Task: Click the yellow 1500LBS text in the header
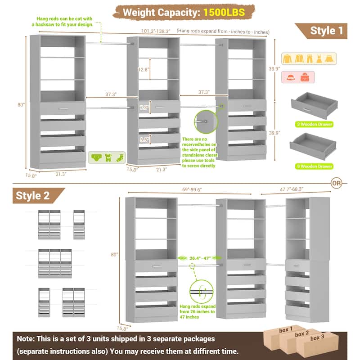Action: pos(224,12)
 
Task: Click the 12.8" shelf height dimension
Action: pos(143,69)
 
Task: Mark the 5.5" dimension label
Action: pos(144,140)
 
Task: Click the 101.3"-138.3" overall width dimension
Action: pos(152,31)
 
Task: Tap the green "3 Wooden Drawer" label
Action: pos(314,124)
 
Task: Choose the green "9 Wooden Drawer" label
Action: pos(314,166)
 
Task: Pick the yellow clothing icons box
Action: pos(309,58)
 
